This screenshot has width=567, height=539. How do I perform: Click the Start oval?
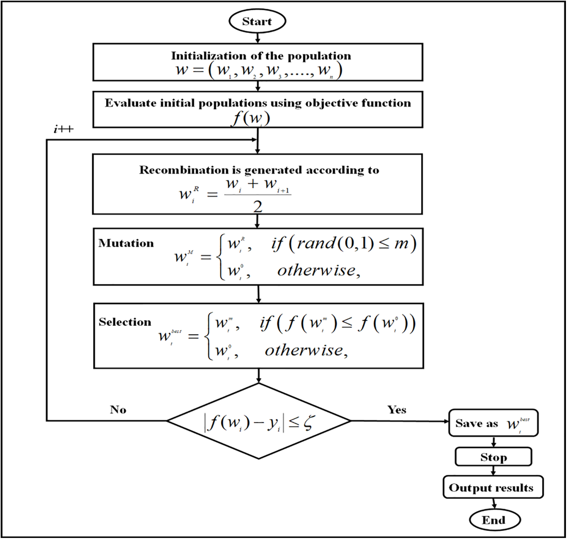(257, 21)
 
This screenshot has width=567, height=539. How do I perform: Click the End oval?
(494, 520)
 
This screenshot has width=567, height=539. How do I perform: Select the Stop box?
(493, 457)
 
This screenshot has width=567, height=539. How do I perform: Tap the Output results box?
(493, 487)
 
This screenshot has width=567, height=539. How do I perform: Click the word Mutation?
(126, 243)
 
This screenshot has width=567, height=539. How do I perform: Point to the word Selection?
(125, 322)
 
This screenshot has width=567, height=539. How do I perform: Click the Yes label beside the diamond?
(397, 410)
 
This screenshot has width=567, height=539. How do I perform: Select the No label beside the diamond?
(118, 410)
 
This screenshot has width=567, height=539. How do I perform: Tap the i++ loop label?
(64, 129)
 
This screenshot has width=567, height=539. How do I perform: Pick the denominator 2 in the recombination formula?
(258, 207)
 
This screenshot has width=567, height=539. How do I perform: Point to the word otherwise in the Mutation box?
(317, 271)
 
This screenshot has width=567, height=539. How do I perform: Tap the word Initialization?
(203, 56)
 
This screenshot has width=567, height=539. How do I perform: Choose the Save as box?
(493, 423)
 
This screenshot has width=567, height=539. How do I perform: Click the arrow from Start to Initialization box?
(257, 37)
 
